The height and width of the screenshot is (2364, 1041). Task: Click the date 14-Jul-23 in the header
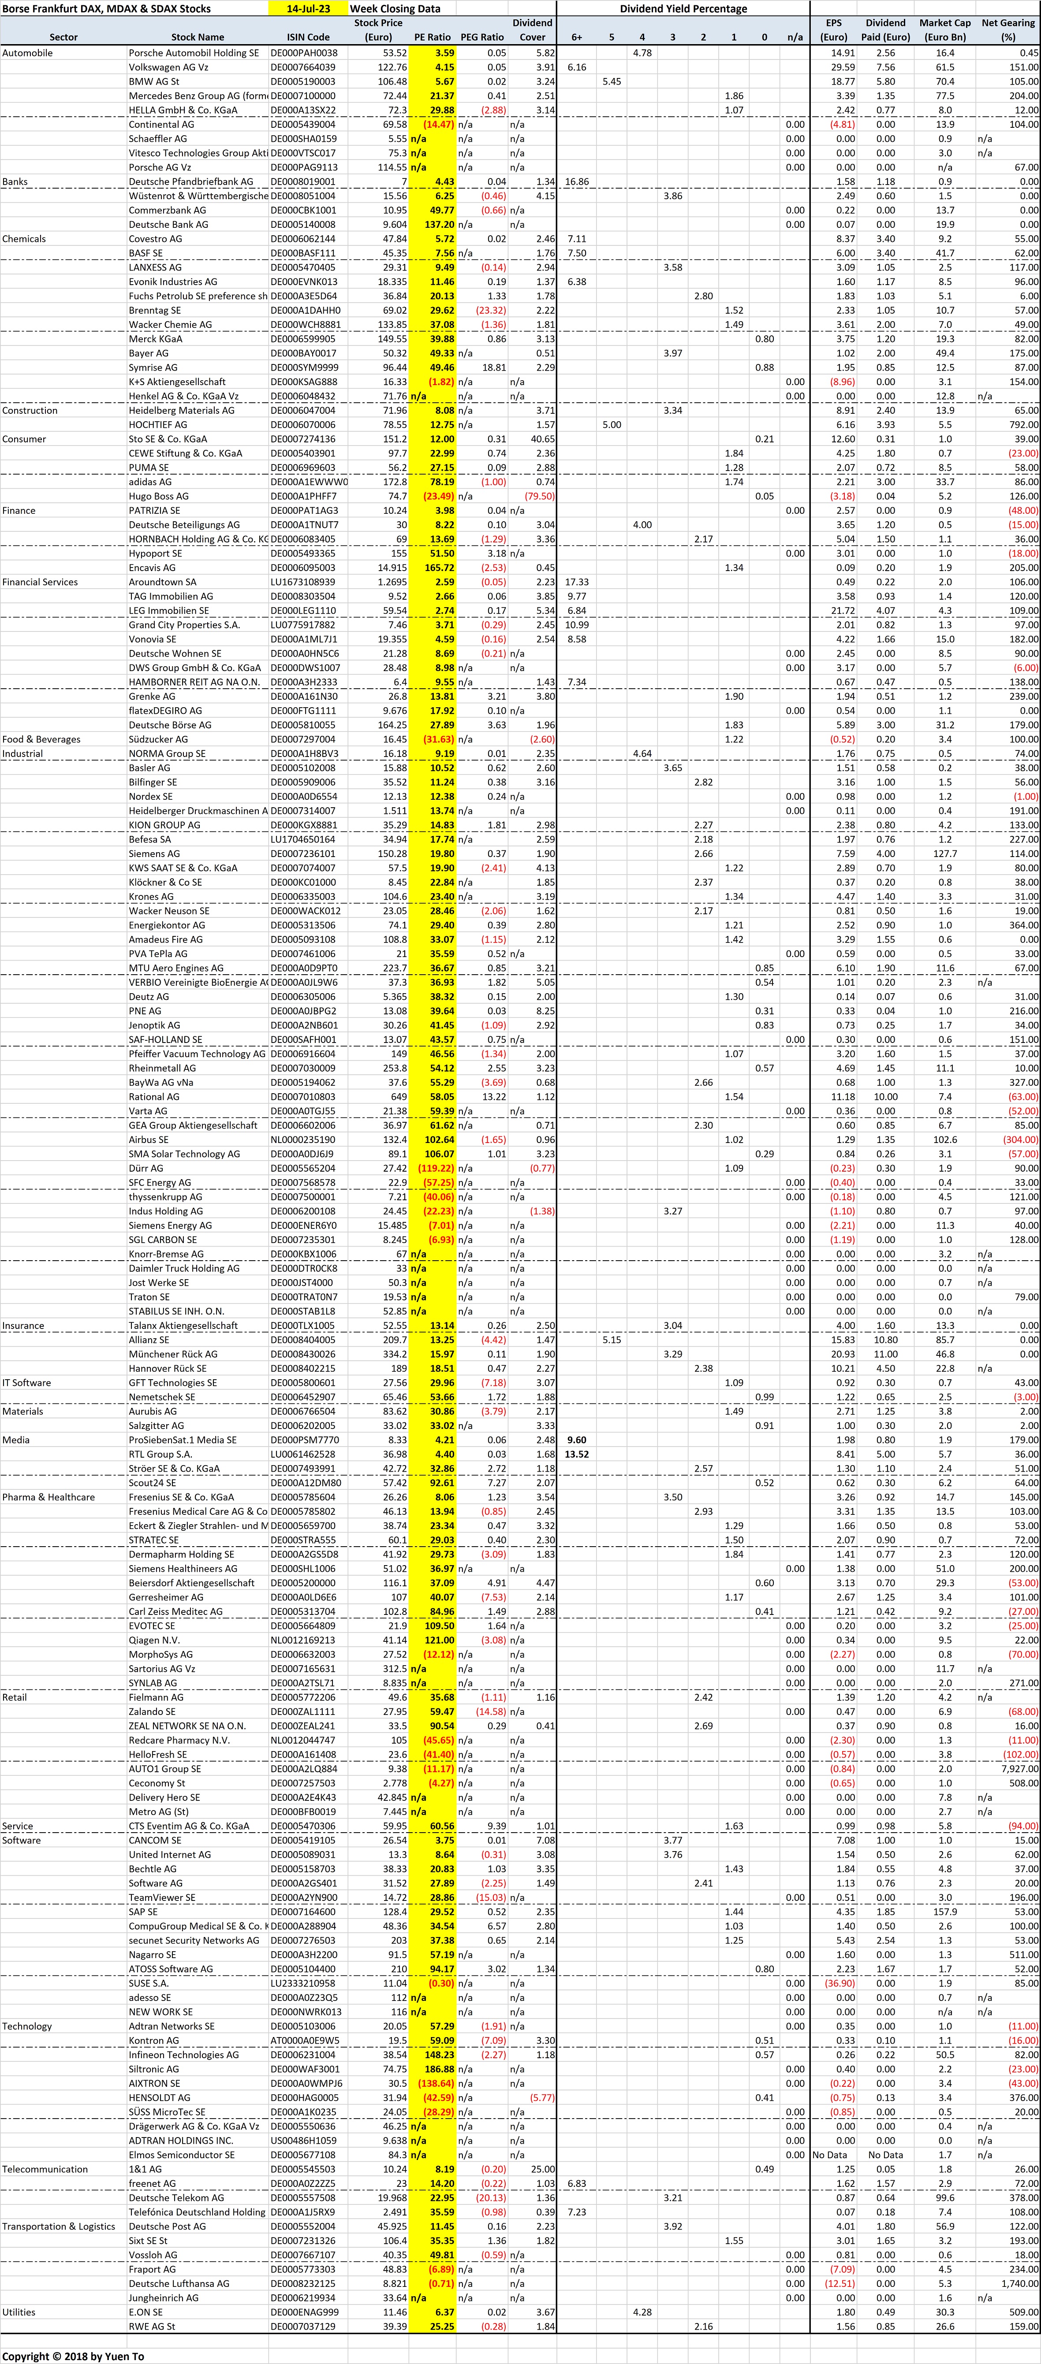(309, 8)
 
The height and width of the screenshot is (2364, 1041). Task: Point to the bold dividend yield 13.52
(577, 1454)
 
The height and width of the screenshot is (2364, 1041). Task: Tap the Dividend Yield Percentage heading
(683, 8)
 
